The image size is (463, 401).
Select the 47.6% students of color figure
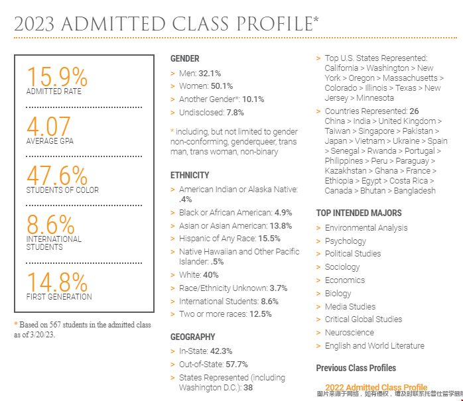(56, 175)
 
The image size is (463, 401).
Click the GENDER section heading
(184, 59)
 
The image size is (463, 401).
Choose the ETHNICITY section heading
(190, 175)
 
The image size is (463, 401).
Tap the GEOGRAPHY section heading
(192, 337)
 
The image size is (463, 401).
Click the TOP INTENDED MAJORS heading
(359, 213)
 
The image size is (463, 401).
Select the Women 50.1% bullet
(206, 86)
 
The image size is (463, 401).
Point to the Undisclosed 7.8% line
(211, 113)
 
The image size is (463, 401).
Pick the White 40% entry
(198, 274)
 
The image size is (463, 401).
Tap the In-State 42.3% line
(206, 351)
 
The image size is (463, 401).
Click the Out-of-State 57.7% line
(213, 365)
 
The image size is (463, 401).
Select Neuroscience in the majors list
(349, 333)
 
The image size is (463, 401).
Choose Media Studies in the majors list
(350, 307)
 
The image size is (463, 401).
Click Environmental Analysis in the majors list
(366, 228)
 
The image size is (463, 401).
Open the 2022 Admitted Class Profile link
(376, 387)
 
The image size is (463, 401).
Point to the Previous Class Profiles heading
(356, 368)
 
